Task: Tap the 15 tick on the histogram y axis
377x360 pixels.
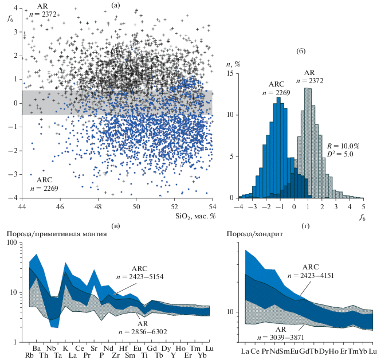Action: [229, 73]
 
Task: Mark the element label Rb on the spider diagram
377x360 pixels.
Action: [29, 355]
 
